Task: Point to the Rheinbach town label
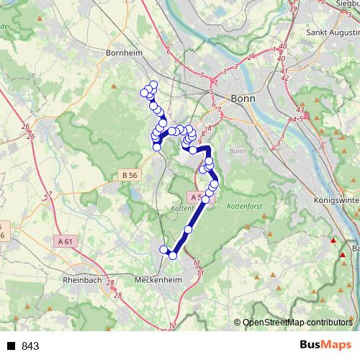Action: click(84, 279)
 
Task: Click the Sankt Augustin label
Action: click(333, 32)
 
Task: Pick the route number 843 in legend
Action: click(30, 346)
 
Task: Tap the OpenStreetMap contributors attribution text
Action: click(297, 323)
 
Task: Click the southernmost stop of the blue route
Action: click(173, 256)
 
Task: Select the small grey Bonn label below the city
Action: click(238, 151)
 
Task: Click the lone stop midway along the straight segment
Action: click(189, 230)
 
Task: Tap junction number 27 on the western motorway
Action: click(48, 194)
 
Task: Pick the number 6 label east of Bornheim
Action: click(168, 51)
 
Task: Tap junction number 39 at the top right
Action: click(292, 8)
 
